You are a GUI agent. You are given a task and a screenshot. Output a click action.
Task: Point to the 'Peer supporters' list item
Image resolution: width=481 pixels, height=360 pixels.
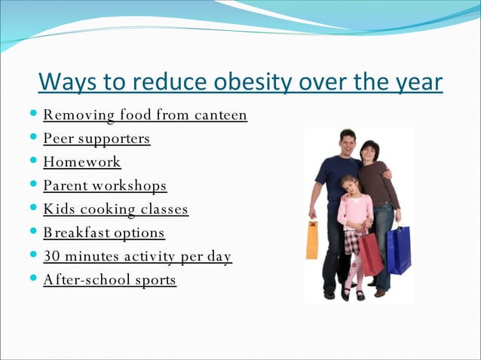[x=97, y=139]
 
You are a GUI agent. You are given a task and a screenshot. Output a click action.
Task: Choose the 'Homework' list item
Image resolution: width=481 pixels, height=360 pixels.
[x=82, y=162]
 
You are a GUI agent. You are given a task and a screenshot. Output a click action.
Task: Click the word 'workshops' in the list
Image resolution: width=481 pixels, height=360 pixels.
[x=130, y=185]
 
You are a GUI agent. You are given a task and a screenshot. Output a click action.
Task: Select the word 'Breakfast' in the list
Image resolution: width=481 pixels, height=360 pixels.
[x=73, y=233]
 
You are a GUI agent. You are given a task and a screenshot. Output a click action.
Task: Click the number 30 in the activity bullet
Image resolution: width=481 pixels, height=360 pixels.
[x=51, y=256]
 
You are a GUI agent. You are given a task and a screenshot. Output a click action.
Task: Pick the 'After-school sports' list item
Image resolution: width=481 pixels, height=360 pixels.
[x=109, y=279]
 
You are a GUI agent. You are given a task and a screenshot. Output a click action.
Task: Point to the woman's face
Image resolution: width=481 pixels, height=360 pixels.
[x=370, y=151]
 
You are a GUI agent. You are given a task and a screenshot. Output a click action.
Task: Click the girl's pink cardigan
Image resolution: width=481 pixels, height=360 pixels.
[x=354, y=211]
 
